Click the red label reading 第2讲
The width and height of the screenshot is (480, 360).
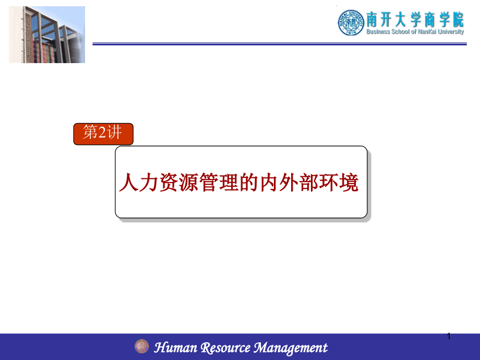(103, 134)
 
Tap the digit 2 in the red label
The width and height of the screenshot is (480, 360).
(102, 132)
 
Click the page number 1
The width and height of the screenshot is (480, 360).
(449, 337)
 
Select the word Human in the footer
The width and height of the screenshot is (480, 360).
(175, 347)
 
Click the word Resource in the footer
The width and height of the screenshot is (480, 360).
(225, 348)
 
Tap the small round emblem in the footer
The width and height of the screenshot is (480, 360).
(142, 346)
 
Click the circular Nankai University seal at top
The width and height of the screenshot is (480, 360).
(351, 22)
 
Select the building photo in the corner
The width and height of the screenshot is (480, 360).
(47, 34)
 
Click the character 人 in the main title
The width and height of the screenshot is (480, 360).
(128, 182)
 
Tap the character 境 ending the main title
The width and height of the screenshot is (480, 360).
(349, 182)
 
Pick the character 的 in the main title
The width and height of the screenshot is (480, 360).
(248, 182)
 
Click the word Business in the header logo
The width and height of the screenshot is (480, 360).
(378, 31)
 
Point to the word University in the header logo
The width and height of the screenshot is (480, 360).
(451, 31)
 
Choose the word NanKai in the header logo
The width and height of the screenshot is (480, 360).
(427, 31)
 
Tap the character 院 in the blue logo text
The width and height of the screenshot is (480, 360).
(458, 20)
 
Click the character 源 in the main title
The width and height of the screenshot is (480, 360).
(188, 182)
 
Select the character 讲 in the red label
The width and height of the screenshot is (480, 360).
(114, 132)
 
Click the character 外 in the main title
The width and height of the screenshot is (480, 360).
(289, 182)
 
